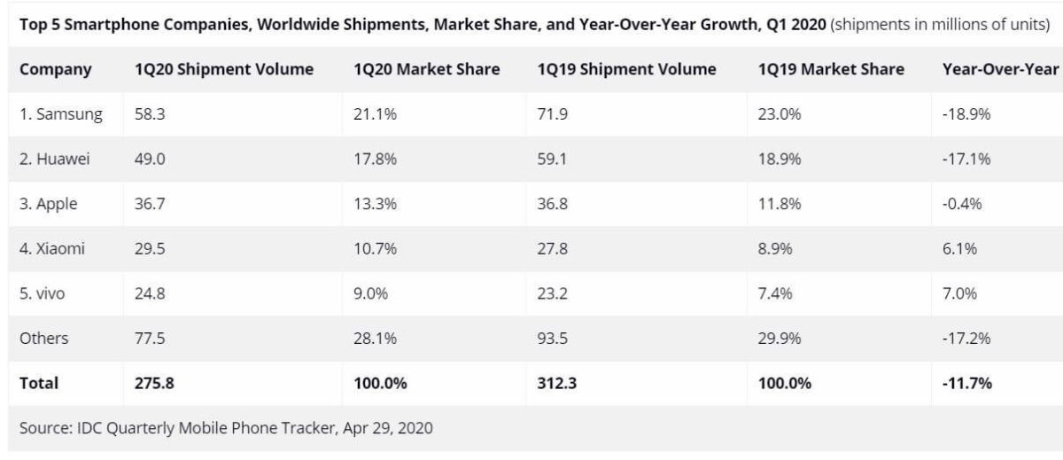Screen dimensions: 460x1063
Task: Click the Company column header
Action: coord(55,69)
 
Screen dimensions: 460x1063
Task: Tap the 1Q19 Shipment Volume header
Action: coord(626,69)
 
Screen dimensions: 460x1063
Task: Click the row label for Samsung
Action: coord(61,113)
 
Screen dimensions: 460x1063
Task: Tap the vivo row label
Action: coord(47,293)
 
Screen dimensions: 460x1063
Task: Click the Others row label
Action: coord(43,339)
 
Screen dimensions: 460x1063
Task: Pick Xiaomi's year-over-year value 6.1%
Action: coord(960,249)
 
